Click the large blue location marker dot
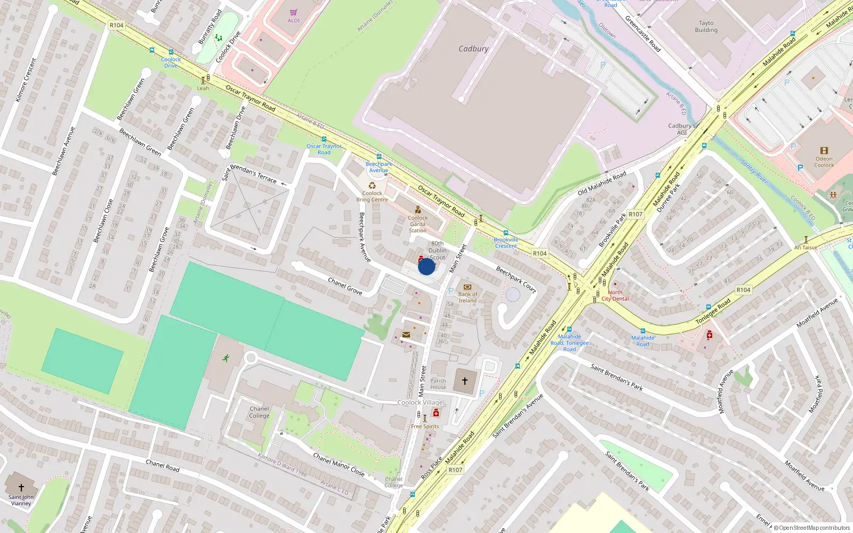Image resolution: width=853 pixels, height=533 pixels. (426, 266)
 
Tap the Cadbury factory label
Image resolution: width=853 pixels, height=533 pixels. (473, 49)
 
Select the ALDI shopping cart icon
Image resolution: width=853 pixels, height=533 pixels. (294, 13)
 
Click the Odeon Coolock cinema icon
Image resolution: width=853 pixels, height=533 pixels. (824, 151)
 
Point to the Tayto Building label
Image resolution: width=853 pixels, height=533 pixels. (706, 27)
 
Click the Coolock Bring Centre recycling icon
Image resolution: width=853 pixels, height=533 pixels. (372, 185)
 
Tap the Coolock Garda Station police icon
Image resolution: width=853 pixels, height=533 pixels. (418, 210)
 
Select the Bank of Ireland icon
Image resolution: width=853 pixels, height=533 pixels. (468, 287)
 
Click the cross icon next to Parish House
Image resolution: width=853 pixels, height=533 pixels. (465, 381)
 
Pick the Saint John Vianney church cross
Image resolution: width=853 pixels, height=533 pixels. (21, 488)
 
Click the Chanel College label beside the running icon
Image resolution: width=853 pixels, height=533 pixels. (259, 412)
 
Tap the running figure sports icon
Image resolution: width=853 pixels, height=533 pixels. (226, 358)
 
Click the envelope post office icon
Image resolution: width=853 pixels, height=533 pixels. (406, 335)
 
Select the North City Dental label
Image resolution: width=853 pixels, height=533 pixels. (615, 295)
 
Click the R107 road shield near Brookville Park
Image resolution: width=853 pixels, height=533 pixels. (635, 214)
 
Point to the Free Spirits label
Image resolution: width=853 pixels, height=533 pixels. (425, 426)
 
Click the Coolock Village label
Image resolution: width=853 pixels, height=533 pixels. (420, 402)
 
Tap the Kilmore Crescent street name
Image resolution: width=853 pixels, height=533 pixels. (26, 80)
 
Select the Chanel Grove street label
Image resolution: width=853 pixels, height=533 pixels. (345, 286)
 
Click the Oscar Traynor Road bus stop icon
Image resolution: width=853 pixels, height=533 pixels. (324, 140)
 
